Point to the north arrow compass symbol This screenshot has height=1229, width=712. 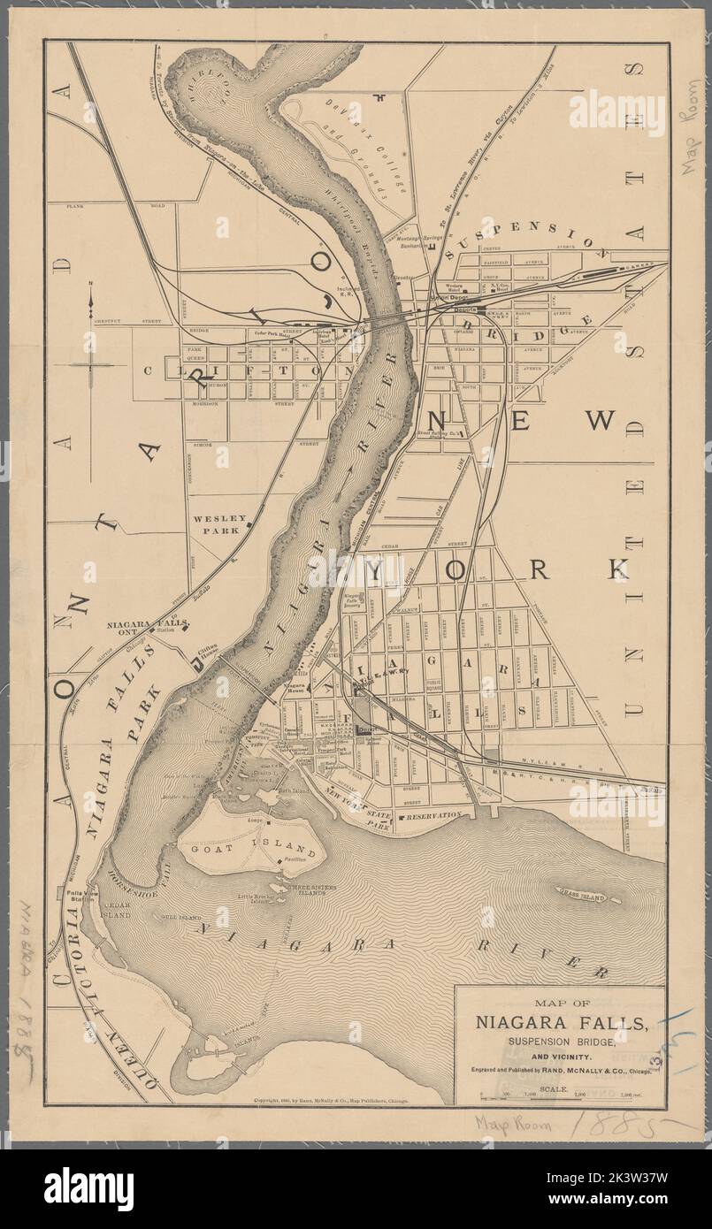[x=92, y=345]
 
